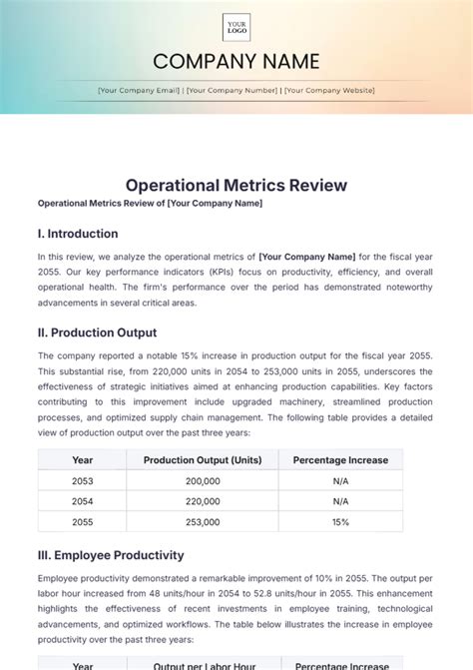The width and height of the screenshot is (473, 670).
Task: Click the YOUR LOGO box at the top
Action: [236, 27]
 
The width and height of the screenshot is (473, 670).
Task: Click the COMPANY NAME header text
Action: [236, 62]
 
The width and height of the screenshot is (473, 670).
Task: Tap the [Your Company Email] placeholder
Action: [138, 90]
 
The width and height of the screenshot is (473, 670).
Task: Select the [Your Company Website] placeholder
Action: [329, 90]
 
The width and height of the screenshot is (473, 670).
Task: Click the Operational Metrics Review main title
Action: [236, 185]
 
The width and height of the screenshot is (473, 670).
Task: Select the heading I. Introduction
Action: [78, 234]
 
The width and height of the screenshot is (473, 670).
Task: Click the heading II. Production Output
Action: [97, 333]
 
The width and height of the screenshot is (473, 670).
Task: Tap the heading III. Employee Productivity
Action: [111, 555]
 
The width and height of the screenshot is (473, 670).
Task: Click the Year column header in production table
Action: [83, 460]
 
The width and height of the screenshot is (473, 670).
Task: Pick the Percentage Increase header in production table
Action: [340, 460]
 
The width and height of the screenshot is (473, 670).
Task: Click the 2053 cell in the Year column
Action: [83, 480]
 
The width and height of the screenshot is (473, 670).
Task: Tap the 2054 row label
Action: [83, 501]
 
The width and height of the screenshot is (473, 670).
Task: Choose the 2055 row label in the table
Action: [83, 522]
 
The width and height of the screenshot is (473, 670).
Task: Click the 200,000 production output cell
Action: [203, 480]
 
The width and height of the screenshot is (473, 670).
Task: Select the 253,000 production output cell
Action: [203, 522]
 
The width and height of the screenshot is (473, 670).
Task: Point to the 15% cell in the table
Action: [340, 522]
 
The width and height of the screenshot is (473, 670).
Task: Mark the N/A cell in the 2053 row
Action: [340, 480]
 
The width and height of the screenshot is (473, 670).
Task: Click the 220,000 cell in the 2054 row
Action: [203, 501]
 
